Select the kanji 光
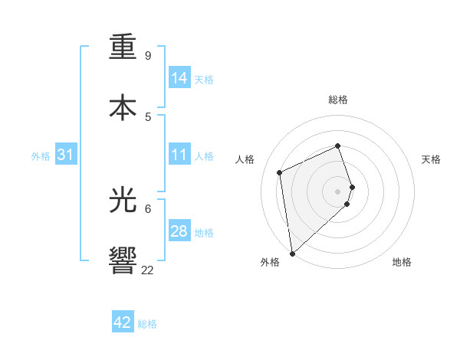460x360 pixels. point(123,199)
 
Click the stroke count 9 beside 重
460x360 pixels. point(148,56)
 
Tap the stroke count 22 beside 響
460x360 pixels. point(147,270)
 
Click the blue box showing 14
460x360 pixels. point(179,77)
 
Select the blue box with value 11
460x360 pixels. point(179,155)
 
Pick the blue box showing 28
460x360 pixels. point(179,231)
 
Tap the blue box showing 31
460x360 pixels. point(66,155)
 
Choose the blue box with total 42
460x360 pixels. point(123,322)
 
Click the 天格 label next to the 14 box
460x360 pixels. point(204,79)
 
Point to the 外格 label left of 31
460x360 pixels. point(41,155)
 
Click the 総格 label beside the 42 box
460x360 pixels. point(147,324)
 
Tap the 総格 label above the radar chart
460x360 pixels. point(338,100)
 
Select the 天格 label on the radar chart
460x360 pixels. point(431,159)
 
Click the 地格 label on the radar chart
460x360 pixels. point(402,262)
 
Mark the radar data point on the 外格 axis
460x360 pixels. point(291,253)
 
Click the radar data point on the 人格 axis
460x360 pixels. point(280,172)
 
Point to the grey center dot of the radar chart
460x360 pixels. point(338,191)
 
